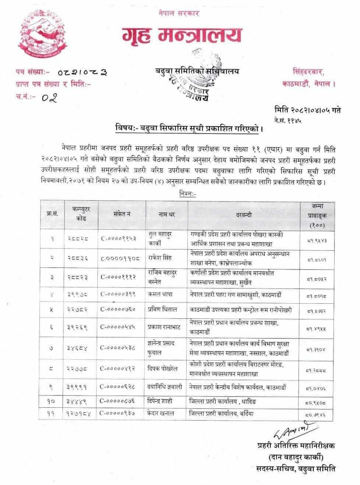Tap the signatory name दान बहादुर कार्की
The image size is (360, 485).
coord(296,458)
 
